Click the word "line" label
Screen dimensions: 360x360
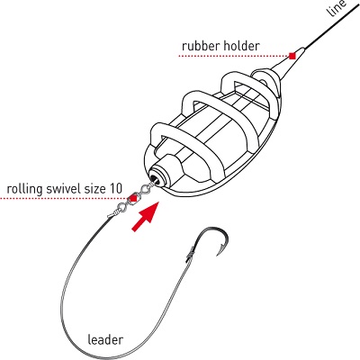(x=337, y=7)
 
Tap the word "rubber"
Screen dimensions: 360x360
(x=201, y=46)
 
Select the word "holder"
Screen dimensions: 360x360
(x=241, y=46)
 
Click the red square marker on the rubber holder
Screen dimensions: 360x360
(x=292, y=56)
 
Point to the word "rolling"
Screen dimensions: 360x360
(x=24, y=190)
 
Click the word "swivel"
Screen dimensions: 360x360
(x=61, y=189)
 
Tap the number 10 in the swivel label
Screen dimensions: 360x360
(x=116, y=189)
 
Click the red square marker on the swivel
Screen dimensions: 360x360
(x=132, y=198)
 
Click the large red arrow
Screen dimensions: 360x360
(x=145, y=217)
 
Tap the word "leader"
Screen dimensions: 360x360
(x=105, y=340)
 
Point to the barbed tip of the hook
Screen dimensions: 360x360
(x=218, y=255)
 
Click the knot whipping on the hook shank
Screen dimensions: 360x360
(x=189, y=251)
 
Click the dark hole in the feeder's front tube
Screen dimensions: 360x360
(x=155, y=179)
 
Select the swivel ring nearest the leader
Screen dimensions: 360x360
(x=121, y=207)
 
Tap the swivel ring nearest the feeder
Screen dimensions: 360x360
(x=145, y=189)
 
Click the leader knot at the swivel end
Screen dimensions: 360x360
(x=112, y=214)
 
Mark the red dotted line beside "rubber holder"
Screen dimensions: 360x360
(x=233, y=56)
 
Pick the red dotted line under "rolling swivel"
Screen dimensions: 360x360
(x=65, y=199)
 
